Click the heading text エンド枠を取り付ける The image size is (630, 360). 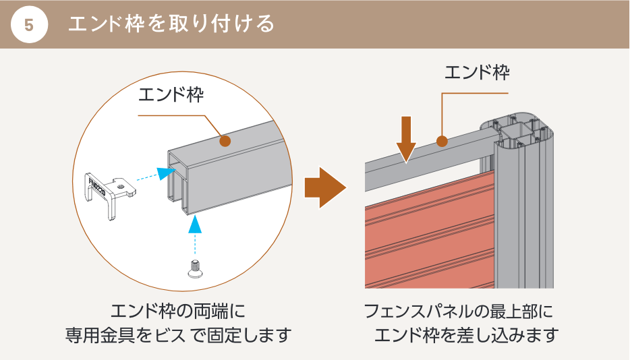pyautogui.click(x=171, y=24)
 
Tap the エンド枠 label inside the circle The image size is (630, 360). pyautogui.click(x=171, y=95)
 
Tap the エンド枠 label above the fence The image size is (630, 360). pyautogui.click(x=476, y=72)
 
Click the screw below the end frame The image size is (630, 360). pyautogui.click(x=194, y=267)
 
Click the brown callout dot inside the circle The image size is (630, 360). pyautogui.click(x=225, y=141)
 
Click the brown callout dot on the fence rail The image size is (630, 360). pyautogui.click(x=442, y=141)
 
